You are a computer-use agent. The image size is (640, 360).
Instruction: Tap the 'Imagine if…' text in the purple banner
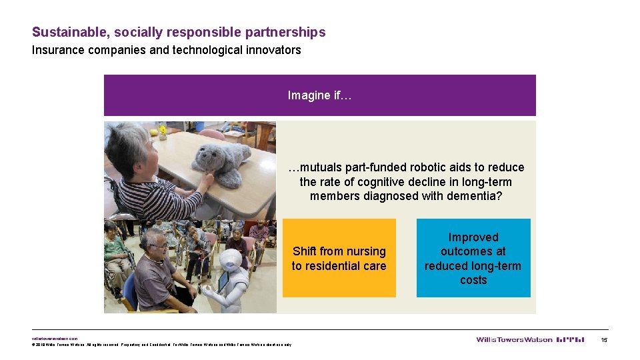pos(319,95)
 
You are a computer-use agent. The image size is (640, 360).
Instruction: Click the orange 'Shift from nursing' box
pos(339,258)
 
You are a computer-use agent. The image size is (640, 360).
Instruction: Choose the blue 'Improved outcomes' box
pos(473,258)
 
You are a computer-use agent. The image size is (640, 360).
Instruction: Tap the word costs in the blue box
pos(473,280)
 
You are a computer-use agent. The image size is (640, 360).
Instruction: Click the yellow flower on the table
pos(162,130)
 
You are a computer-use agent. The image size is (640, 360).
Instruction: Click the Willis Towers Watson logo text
pos(514,340)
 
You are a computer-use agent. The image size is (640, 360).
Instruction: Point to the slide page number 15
pos(604,340)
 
